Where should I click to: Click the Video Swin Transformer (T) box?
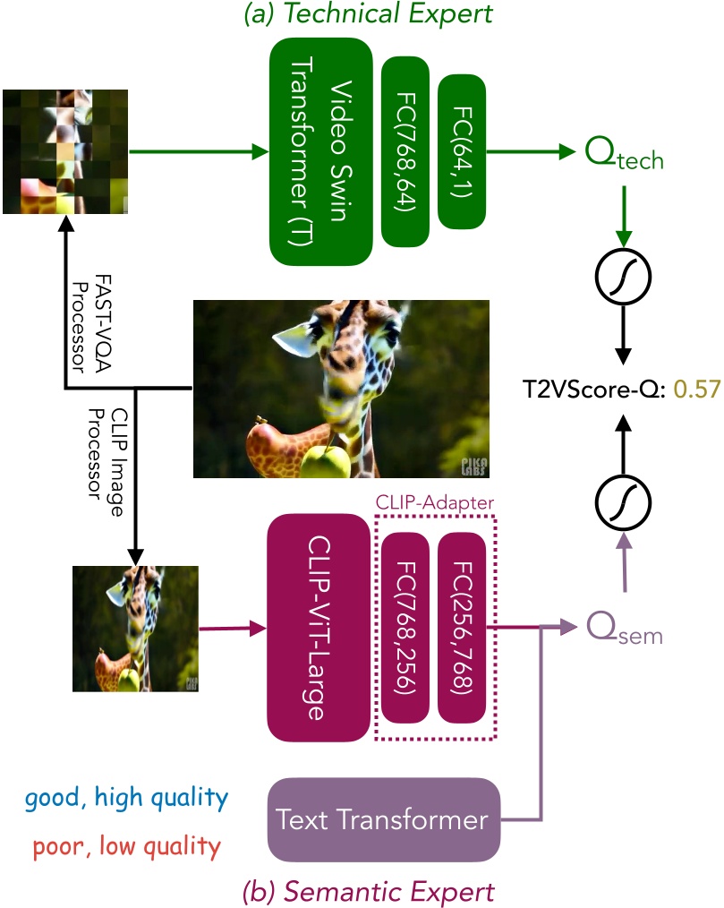click(x=321, y=150)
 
